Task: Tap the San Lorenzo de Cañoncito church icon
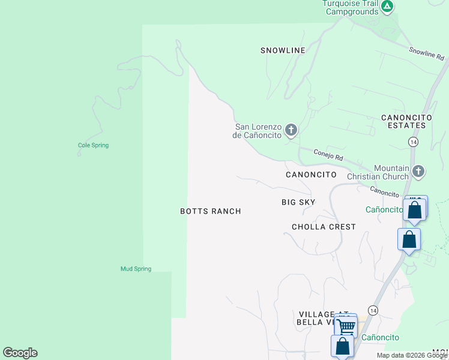[x=291, y=130]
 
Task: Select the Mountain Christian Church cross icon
[x=418, y=172]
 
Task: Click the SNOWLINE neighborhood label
[x=283, y=50]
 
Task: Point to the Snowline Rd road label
[x=426, y=54]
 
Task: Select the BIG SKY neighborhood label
[x=298, y=202]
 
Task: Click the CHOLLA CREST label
[x=324, y=227]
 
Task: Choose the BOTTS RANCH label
[x=211, y=211]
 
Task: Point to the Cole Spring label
[x=93, y=145]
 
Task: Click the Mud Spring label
[x=136, y=269]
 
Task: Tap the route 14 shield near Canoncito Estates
[x=413, y=142]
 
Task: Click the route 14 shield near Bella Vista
[x=373, y=310]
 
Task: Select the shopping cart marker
[x=346, y=326]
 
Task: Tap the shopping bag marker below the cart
[x=342, y=347]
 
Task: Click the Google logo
[x=20, y=353]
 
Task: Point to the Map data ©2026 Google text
[x=411, y=355]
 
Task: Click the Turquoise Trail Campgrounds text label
[x=351, y=7]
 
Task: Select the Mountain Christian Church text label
[x=383, y=172]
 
